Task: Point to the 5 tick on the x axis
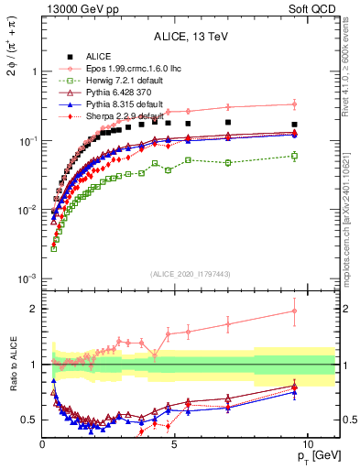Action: tap(174, 434)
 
